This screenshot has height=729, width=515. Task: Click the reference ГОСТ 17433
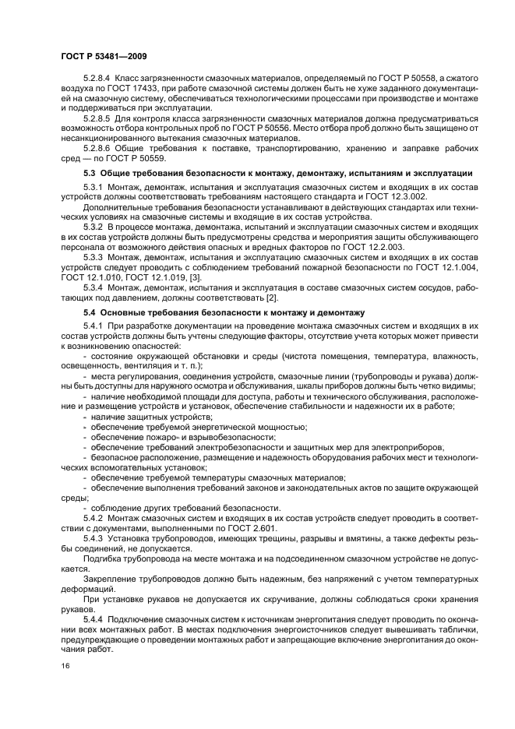point(113,90)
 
